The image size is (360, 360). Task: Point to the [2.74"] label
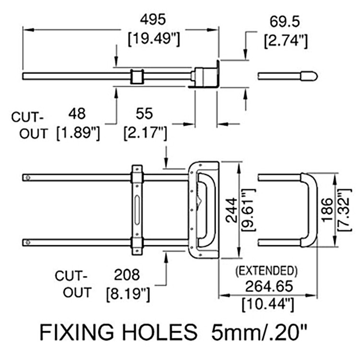point(285,40)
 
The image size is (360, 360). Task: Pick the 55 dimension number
point(144,113)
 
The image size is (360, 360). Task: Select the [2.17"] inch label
point(145,132)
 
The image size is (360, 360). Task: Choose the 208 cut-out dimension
point(126,275)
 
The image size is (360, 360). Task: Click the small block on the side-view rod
point(137,76)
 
